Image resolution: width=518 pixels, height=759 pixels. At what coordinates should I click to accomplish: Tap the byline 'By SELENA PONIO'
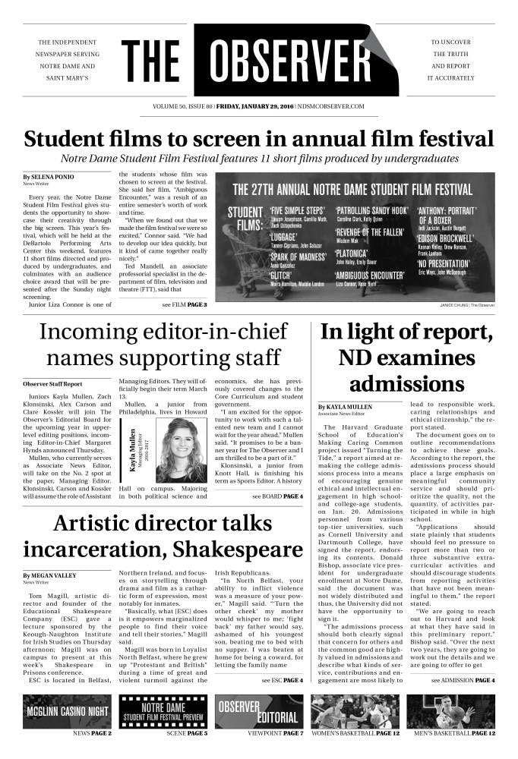click(x=48, y=177)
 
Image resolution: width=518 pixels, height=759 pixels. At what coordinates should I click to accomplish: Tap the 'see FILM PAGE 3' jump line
click(x=184, y=304)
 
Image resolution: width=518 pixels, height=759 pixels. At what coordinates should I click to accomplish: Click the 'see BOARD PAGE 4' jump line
click(x=277, y=475)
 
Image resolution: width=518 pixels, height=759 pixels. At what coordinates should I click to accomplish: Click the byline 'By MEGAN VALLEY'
click(x=50, y=576)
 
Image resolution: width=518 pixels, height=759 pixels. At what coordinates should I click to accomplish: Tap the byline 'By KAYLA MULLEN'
click(x=346, y=407)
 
